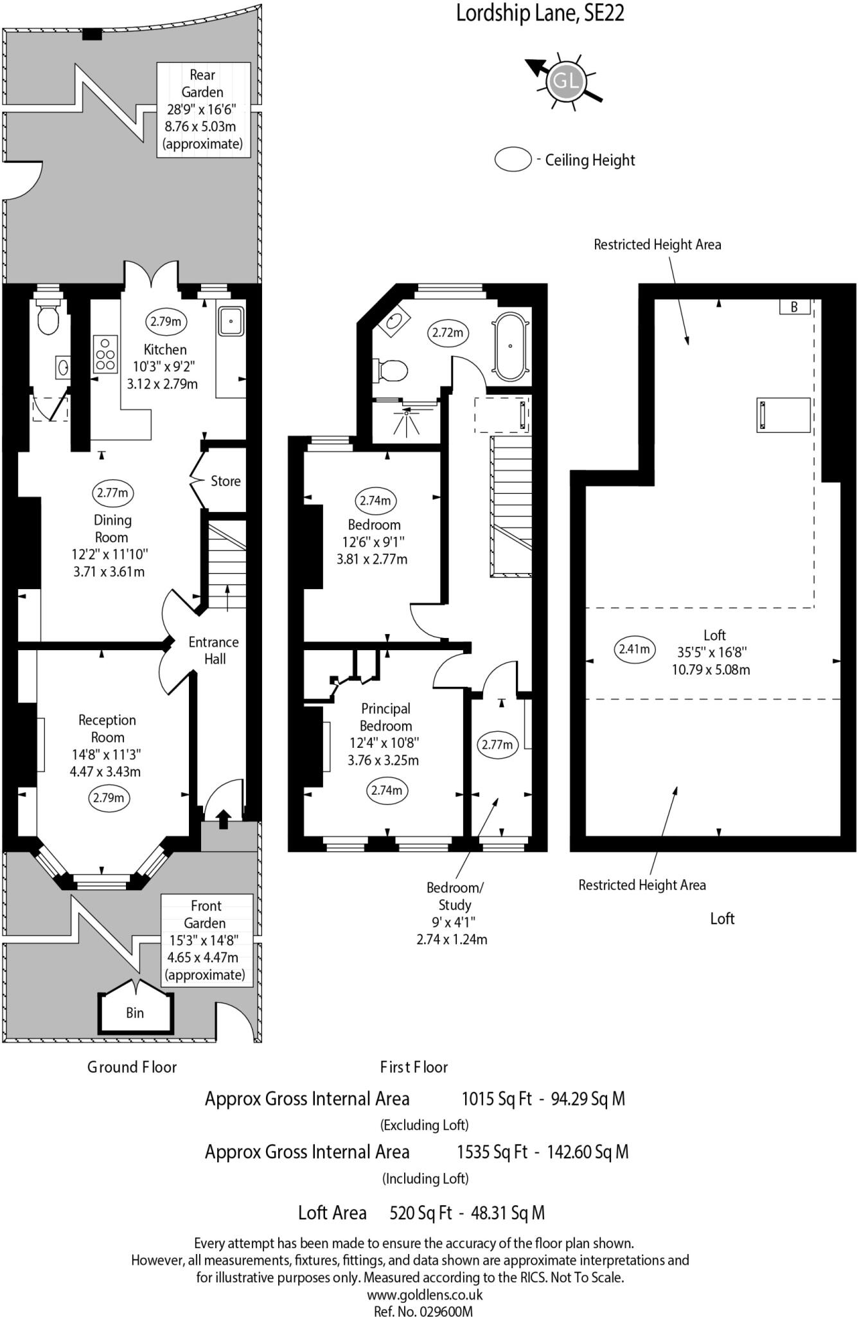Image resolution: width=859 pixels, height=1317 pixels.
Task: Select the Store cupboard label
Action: coord(226,481)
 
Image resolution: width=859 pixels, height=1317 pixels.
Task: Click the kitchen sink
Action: coord(231,321)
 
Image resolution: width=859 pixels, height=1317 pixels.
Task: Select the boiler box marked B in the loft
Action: coord(794,307)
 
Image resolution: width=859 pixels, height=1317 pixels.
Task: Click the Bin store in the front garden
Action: coord(135,1013)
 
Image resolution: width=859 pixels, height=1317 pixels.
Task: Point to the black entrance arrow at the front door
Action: coord(223,819)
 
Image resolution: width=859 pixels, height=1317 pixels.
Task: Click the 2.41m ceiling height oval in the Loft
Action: coord(634,649)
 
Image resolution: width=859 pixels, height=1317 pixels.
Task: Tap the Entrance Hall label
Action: coord(213,650)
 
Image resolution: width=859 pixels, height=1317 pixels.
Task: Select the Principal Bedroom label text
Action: coord(385,717)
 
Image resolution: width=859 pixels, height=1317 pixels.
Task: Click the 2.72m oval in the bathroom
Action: coord(447,333)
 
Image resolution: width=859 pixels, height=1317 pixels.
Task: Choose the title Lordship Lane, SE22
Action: coord(540,13)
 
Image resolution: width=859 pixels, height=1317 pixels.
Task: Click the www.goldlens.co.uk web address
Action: coord(425,1294)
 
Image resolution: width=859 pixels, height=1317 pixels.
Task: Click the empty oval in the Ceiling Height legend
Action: coord(513,159)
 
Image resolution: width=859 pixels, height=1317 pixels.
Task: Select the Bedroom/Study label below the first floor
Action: coord(454,896)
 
